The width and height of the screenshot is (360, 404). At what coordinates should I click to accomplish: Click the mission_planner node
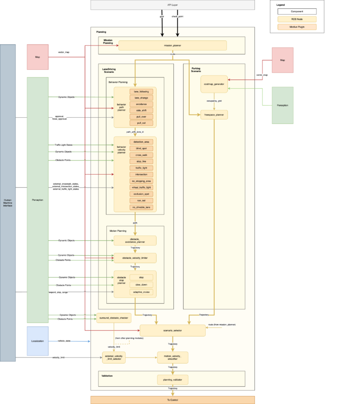tap(172, 46)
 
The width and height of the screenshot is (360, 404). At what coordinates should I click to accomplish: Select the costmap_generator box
tap(214, 84)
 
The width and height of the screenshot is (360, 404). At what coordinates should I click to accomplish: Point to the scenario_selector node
tap(172, 330)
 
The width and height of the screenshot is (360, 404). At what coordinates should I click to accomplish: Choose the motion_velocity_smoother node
tap(172, 358)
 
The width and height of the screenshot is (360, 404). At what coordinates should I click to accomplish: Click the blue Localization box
tap(37, 341)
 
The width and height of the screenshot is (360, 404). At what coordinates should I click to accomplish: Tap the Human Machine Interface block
tap(7, 203)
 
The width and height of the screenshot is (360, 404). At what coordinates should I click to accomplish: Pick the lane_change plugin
tap(141, 98)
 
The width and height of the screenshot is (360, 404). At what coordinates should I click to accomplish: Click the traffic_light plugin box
tap(141, 168)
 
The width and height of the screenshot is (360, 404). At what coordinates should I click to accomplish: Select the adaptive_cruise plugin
tap(141, 292)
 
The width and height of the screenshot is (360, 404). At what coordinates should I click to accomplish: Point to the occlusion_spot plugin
tap(141, 194)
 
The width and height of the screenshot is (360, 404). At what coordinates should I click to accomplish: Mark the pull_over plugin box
tap(141, 116)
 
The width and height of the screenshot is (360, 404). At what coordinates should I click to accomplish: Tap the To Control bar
tap(172, 400)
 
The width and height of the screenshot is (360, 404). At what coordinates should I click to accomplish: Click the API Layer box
tap(172, 5)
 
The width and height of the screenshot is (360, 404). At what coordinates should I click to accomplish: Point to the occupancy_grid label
tap(214, 100)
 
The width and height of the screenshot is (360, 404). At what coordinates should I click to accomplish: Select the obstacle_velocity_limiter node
tap(135, 258)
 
